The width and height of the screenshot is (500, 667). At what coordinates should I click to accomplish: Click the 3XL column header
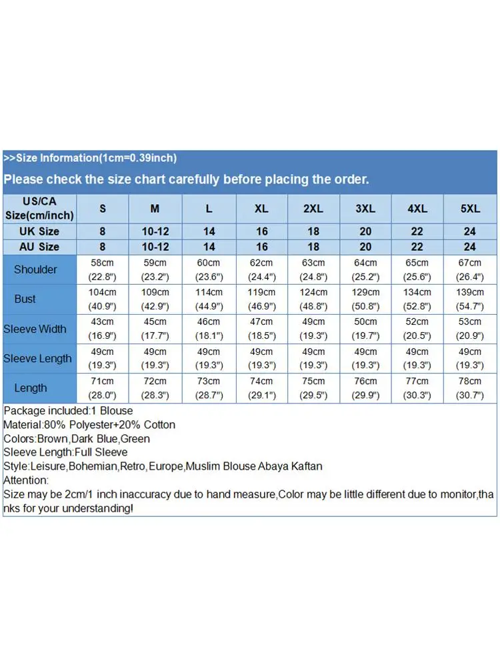(365, 209)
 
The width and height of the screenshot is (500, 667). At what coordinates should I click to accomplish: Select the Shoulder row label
(35, 269)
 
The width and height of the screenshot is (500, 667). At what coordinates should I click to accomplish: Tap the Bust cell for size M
(155, 299)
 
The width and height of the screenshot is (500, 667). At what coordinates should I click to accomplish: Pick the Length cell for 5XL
(470, 388)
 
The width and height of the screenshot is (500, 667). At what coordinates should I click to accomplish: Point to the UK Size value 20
(365, 231)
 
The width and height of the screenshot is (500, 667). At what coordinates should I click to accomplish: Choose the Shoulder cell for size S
(103, 269)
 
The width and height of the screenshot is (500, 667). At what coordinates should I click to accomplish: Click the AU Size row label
(40, 247)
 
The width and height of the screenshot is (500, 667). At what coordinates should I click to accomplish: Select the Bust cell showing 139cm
(470, 299)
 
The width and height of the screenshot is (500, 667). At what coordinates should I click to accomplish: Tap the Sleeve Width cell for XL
(261, 329)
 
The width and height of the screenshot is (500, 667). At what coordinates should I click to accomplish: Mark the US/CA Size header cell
(40, 209)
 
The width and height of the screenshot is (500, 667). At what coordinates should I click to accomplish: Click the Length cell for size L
(209, 388)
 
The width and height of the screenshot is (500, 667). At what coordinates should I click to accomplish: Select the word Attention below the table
(25, 480)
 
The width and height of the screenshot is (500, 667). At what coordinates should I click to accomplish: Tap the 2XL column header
(313, 209)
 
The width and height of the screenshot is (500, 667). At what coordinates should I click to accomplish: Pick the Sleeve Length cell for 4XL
(417, 358)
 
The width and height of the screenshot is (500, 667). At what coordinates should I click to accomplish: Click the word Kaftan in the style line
(306, 466)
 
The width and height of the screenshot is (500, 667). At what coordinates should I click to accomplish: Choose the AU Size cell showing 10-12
(155, 247)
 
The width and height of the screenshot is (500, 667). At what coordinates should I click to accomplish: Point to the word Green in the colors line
(135, 439)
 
